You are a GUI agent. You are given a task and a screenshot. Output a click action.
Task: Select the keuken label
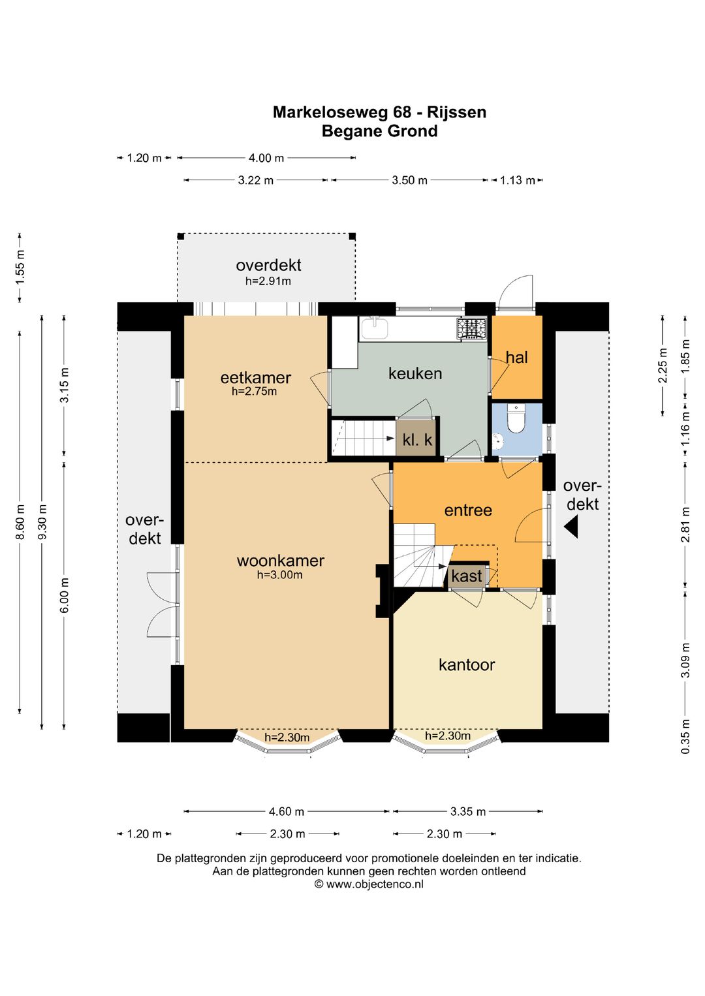(415, 373)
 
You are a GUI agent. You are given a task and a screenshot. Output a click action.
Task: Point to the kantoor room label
(467, 664)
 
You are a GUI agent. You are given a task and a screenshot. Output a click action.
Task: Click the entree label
(468, 510)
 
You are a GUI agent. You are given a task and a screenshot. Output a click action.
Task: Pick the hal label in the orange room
(516, 357)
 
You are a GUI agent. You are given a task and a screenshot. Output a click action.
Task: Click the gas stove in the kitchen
(471, 329)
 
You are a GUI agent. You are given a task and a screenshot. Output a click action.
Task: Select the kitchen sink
(375, 328)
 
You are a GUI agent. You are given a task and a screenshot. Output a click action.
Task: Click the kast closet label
(467, 576)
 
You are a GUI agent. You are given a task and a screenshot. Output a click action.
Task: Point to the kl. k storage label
(417, 440)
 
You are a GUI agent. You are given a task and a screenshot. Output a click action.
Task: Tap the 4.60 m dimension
(287, 811)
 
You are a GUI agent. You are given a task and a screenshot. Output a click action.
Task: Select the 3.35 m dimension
(468, 811)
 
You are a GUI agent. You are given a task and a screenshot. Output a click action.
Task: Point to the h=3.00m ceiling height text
(280, 575)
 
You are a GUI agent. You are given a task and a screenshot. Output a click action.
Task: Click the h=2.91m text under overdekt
(268, 281)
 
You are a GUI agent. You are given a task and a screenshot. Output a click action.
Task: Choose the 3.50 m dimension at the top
(410, 180)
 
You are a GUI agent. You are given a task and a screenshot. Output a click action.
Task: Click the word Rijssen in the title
(457, 112)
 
